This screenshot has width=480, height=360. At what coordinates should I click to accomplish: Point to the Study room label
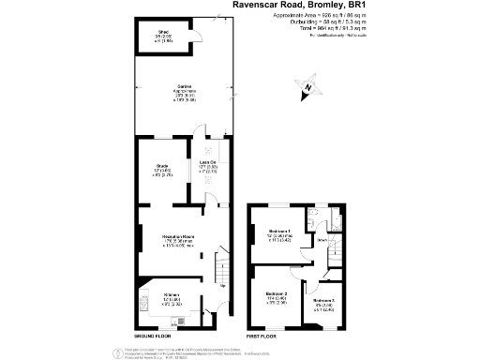tap(161, 170)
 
